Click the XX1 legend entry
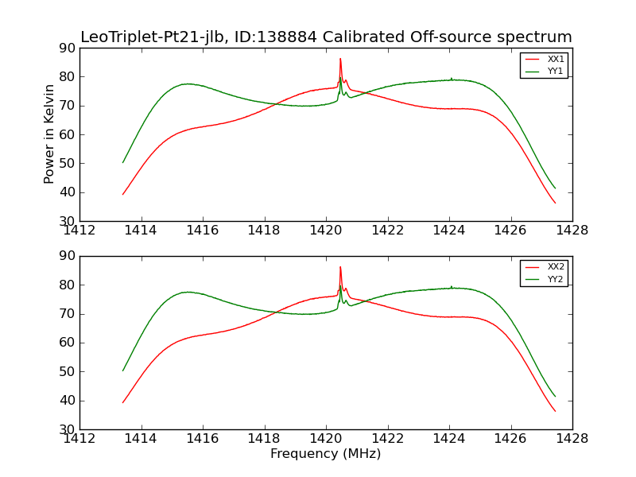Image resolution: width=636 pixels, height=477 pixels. [x=556, y=60]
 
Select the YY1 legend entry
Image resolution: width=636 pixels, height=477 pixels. [x=556, y=71]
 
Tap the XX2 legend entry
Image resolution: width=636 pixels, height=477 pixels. [x=556, y=267]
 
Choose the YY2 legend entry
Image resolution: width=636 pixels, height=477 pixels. [x=556, y=279]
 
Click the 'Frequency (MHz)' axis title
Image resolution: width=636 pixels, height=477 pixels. [x=325, y=454]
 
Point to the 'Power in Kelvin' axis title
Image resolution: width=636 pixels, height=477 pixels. [x=49, y=134]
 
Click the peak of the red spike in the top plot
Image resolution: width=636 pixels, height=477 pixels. [x=340, y=58]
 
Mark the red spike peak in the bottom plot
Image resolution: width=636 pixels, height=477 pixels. [x=340, y=267]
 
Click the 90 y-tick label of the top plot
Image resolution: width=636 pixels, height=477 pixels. [x=67, y=48]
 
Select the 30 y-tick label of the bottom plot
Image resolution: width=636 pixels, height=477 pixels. [x=67, y=429]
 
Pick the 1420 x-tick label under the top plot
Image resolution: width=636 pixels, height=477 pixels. [x=326, y=231]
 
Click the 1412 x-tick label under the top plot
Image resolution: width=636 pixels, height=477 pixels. [x=80, y=231]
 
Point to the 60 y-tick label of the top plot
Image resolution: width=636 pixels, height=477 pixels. [x=67, y=134]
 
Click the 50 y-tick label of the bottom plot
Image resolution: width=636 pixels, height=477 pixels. [x=67, y=372]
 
